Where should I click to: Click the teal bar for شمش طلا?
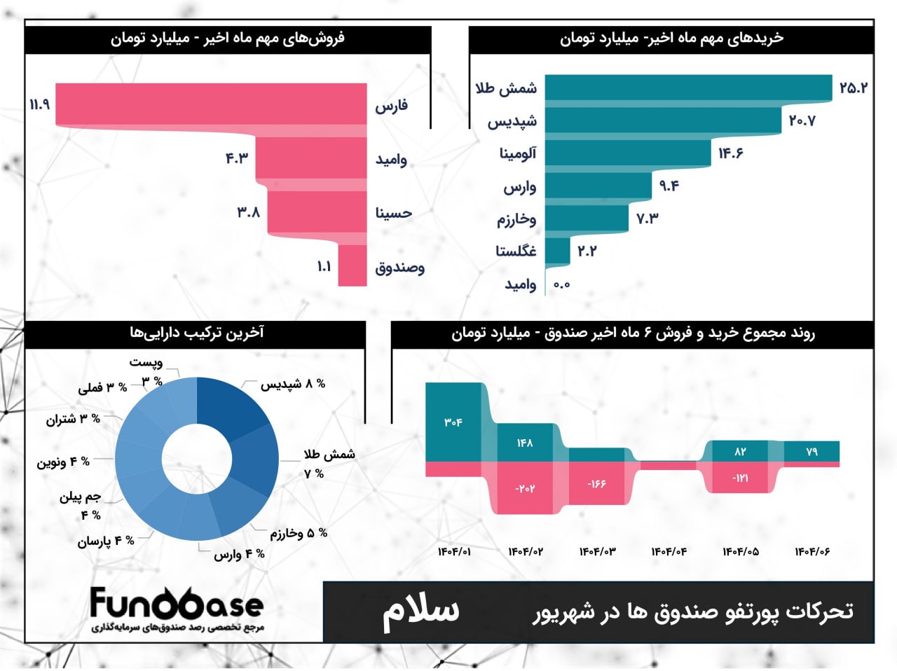(x=687, y=88)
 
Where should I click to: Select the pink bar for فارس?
(x=210, y=104)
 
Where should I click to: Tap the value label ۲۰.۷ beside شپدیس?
(x=802, y=120)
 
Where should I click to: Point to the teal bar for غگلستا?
(x=557, y=251)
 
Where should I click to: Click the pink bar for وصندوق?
(x=352, y=267)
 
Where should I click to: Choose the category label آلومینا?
(x=518, y=153)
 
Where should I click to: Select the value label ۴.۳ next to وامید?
(x=237, y=158)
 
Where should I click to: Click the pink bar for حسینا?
(x=317, y=212)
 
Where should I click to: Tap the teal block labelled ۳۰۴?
(x=453, y=422)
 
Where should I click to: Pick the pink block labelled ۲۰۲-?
(x=525, y=488)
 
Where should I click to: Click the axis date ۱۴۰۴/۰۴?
(x=669, y=552)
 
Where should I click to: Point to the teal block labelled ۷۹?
(x=812, y=451)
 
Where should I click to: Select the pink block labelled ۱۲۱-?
(x=740, y=478)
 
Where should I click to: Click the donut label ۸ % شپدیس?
(x=293, y=384)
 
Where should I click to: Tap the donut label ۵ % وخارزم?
(x=299, y=534)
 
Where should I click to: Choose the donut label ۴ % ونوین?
(x=63, y=462)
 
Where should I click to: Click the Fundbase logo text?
(x=177, y=604)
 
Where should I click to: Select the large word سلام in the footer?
(x=420, y=611)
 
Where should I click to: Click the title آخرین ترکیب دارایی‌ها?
(x=197, y=333)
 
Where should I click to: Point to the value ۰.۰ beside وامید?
(x=561, y=284)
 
